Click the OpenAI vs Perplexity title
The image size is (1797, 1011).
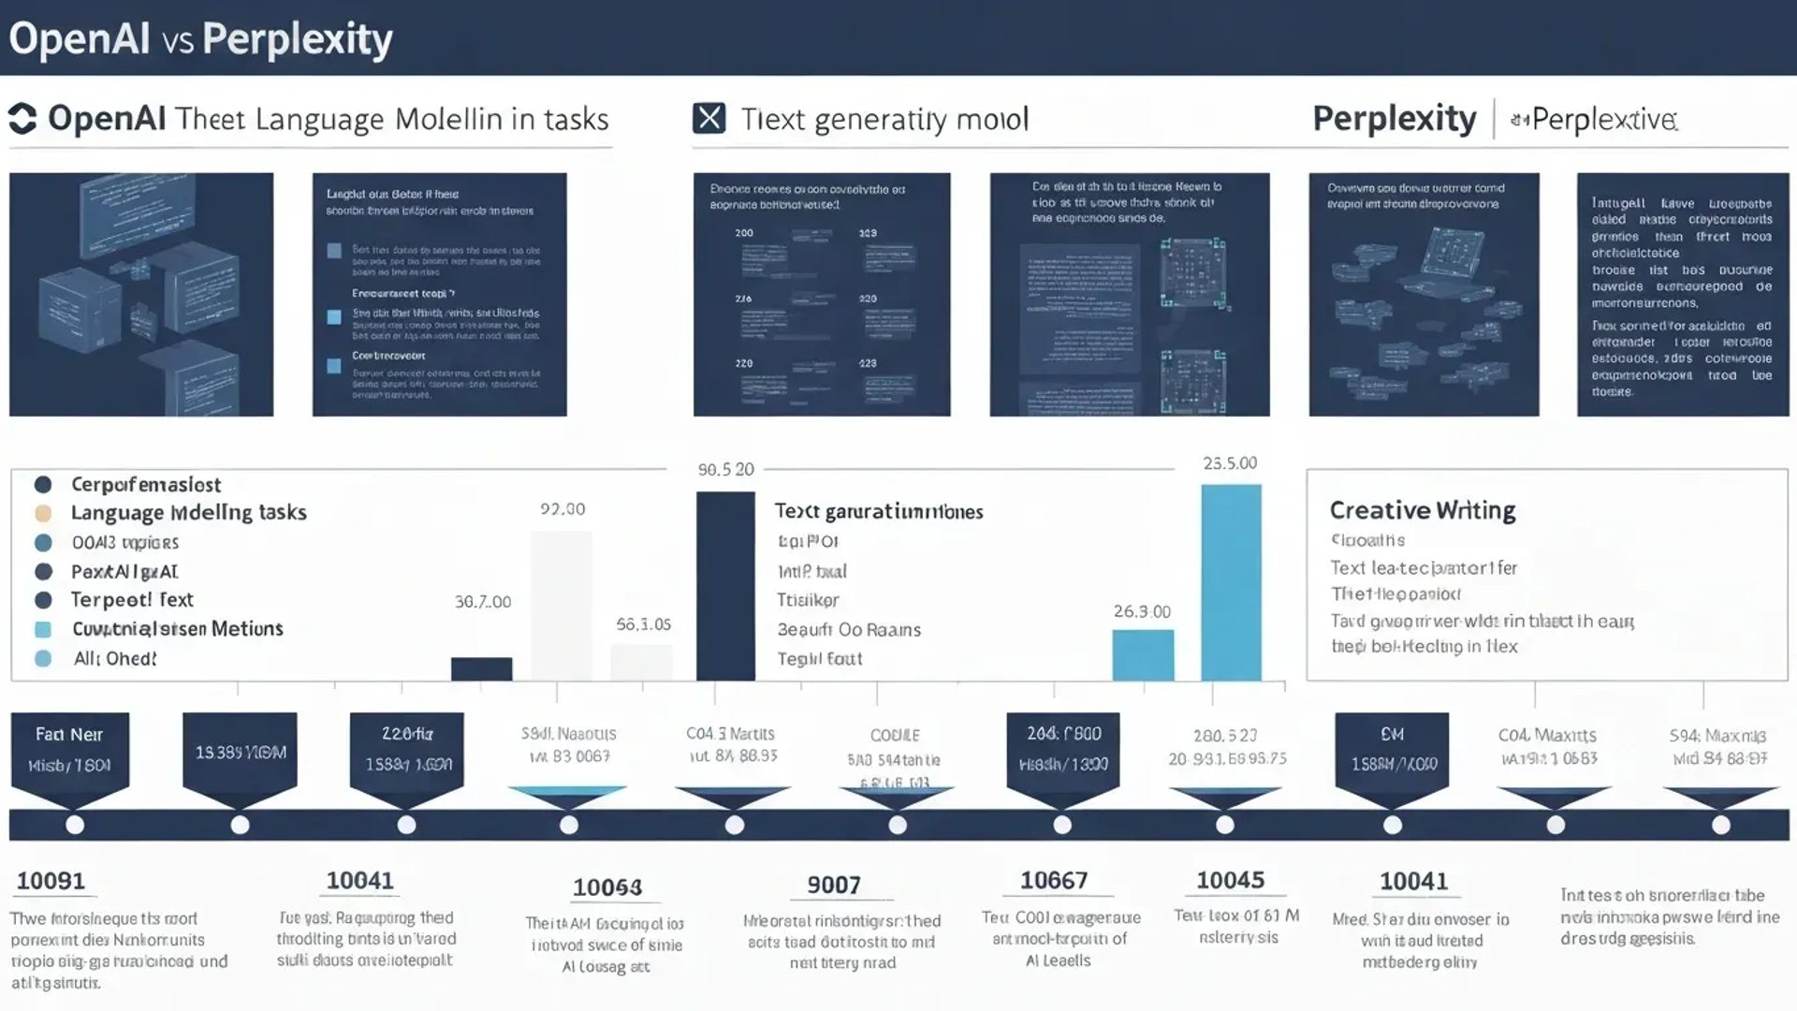(200, 39)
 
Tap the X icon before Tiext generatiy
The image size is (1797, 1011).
(709, 119)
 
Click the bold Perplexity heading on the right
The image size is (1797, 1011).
(1394, 119)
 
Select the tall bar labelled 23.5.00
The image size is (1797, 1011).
(1231, 581)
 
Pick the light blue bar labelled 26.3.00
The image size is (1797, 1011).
(1142, 654)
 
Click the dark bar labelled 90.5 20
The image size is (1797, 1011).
(725, 586)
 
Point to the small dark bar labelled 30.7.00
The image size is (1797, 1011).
(481, 668)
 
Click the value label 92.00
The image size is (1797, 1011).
(562, 509)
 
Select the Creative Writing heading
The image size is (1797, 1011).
(1422, 510)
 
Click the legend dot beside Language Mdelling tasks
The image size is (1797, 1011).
(43, 513)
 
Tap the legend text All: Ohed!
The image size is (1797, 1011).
(115, 659)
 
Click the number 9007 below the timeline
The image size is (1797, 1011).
(833, 885)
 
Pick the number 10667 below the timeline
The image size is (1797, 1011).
(1053, 880)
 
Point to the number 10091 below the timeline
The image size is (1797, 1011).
(51, 881)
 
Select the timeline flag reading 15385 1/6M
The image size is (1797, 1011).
(240, 753)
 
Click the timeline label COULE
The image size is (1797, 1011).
(894, 736)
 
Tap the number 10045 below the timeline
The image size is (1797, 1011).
(1230, 880)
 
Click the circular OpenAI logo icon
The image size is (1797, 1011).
(22, 119)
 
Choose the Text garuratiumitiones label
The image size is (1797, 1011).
(878, 511)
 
